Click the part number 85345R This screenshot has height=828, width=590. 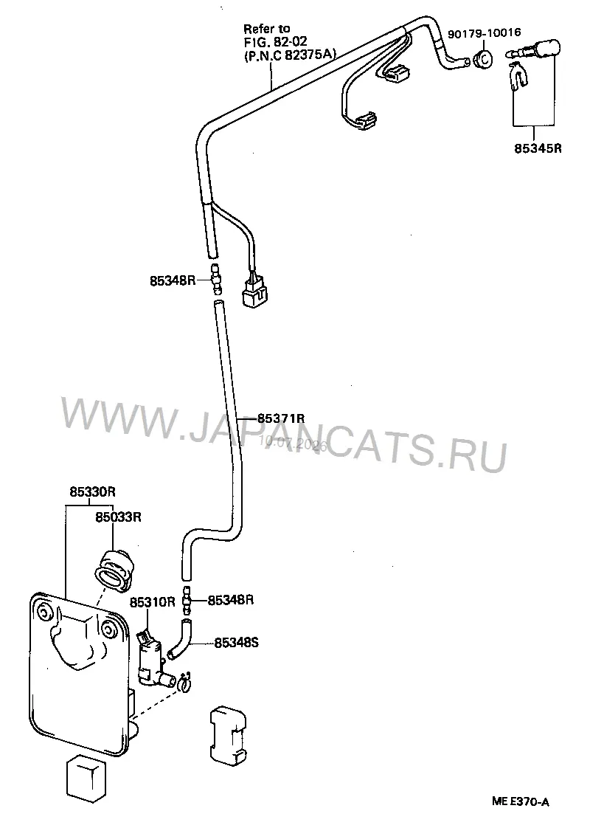click(538, 148)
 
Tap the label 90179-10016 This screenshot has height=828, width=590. click(484, 32)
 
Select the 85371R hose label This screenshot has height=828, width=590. click(281, 418)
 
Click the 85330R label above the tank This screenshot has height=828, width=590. click(92, 491)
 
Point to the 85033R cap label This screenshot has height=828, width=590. click(118, 517)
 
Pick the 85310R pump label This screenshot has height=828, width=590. click(153, 602)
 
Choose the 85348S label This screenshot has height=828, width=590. click(237, 644)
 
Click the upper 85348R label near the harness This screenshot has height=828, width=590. click(173, 280)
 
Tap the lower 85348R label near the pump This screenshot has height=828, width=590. click(231, 601)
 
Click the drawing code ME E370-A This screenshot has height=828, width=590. click(521, 801)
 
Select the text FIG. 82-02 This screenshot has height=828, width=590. click(276, 41)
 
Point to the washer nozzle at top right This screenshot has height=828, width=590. click(534, 51)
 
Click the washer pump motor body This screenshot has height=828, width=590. click(151, 660)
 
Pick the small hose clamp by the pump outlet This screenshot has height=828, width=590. click(184, 683)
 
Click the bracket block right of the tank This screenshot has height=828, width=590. click(229, 734)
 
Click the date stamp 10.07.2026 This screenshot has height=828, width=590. click(293, 443)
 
